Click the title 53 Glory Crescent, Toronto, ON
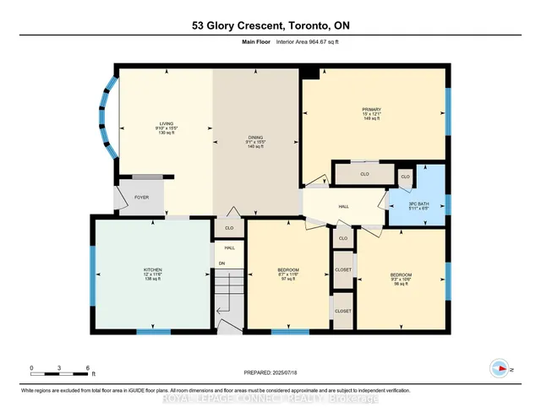point(270,27)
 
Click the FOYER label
point(142,198)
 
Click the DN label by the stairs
point(222,264)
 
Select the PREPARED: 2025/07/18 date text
point(271,377)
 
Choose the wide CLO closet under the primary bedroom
point(365,175)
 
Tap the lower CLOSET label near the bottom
point(343,311)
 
